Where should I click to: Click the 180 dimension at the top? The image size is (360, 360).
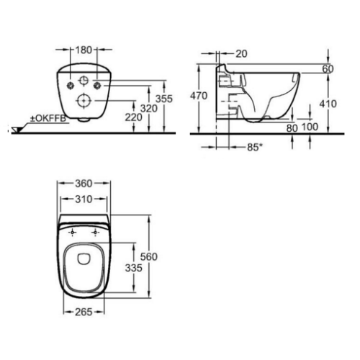84,50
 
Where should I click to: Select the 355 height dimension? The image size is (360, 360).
164,99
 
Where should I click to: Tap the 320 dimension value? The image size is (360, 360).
149,109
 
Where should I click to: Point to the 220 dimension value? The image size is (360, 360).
134,117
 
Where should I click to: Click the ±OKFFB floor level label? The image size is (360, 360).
48,119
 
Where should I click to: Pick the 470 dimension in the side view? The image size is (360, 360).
199,96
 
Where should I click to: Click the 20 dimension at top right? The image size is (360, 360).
241,54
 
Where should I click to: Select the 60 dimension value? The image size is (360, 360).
328,69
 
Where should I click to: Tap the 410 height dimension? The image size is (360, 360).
328,104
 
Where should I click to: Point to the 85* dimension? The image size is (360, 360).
253,147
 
